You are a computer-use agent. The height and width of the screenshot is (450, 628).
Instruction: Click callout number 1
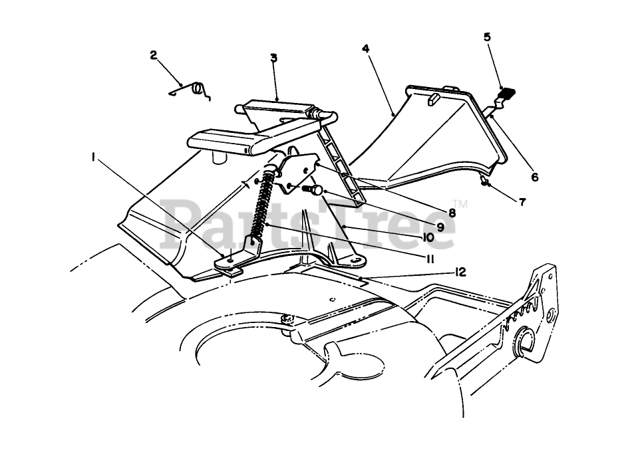tap(94, 158)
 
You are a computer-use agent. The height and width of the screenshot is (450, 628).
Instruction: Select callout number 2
tap(154, 55)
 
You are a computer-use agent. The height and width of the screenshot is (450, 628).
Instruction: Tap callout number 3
tap(273, 58)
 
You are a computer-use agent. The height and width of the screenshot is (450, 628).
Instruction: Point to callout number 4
tap(365, 49)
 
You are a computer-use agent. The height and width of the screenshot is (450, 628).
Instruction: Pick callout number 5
tap(487, 37)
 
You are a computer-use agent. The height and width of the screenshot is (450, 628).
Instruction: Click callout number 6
tap(536, 177)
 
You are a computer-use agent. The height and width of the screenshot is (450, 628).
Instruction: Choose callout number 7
tap(522, 202)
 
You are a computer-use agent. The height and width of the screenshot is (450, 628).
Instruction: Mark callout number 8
tap(451, 213)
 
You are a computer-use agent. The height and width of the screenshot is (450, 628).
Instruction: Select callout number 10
tap(426, 237)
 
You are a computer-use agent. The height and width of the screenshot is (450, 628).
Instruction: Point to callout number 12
tap(460, 271)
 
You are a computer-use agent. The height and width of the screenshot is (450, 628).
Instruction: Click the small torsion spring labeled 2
tap(196, 90)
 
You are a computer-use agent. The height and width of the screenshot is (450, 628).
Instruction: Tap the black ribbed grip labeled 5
tap(510, 93)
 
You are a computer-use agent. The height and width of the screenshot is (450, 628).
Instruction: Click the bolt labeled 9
tap(313, 190)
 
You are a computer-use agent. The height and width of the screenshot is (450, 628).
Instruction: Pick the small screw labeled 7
tap(484, 181)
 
